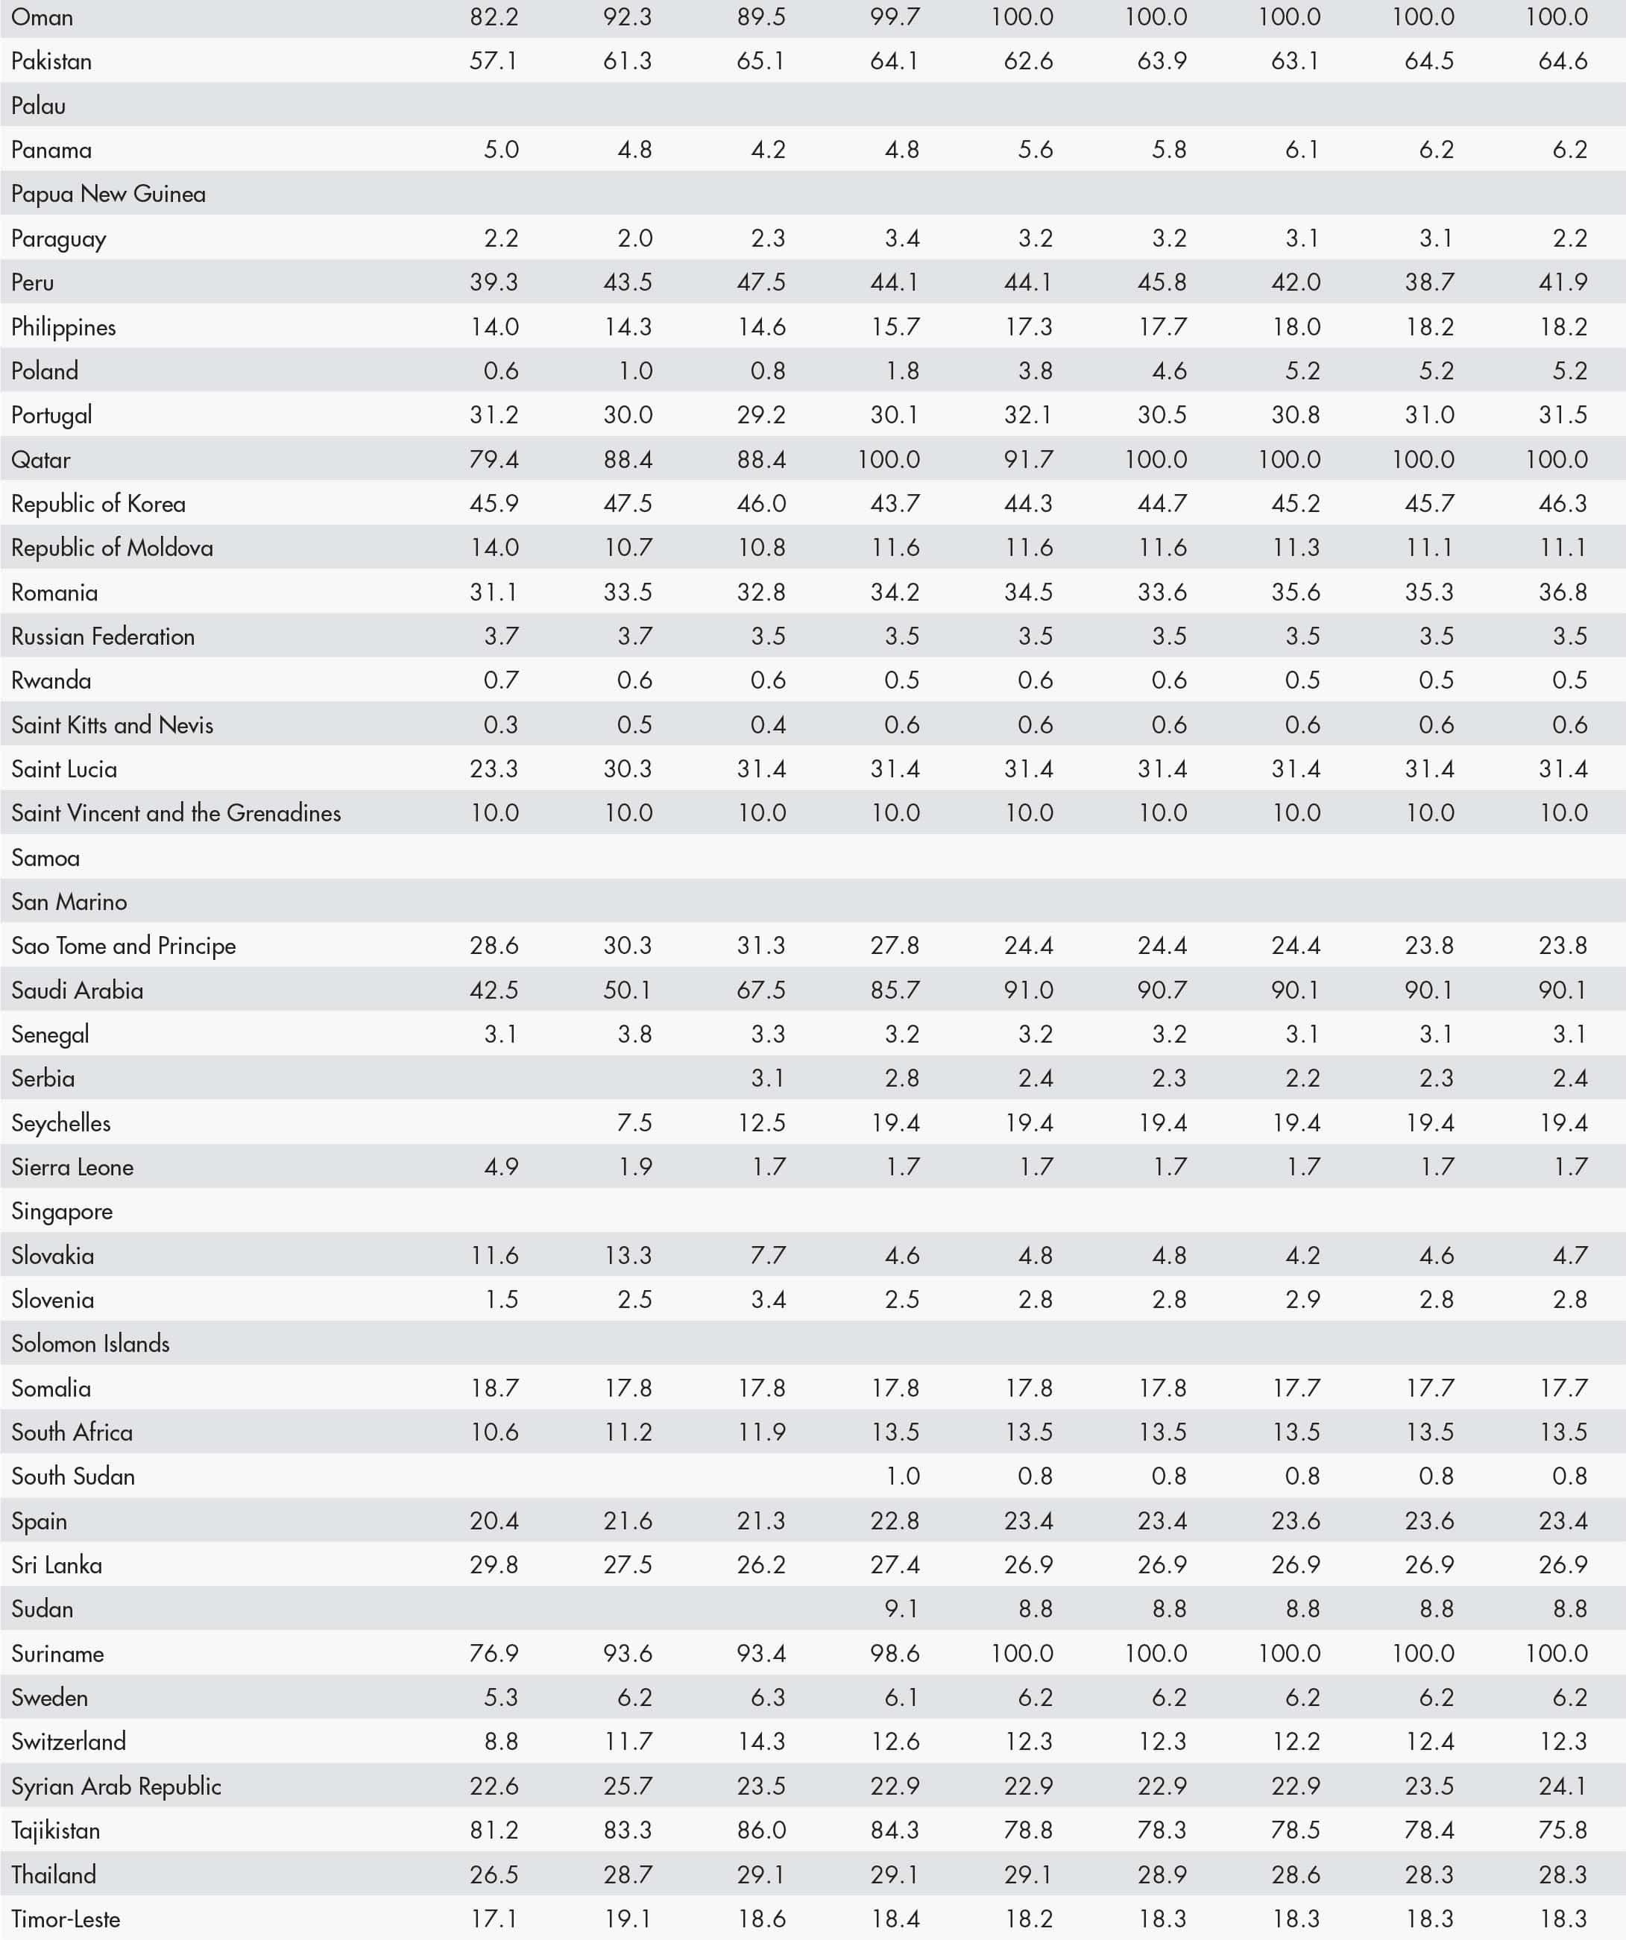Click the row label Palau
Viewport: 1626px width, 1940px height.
(x=39, y=105)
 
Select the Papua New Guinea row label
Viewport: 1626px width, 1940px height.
(x=108, y=194)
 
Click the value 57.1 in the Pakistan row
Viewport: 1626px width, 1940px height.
(x=494, y=61)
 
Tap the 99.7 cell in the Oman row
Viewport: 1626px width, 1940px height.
(x=895, y=16)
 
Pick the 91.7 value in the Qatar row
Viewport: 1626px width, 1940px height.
(x=1028, y=459)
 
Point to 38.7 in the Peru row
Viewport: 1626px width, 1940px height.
(x=1429, y=282)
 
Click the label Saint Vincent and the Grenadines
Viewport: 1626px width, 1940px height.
(x=175, y=813)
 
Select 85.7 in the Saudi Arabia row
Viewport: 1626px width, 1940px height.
(x=895, y=990)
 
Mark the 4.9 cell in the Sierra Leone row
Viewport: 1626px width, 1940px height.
(x=501, y=1167)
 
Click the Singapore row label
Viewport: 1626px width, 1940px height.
(x=62, y=1211)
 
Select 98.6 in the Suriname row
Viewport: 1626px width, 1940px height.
(x=895, y=1654)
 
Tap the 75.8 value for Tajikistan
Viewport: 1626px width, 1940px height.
(x=1563, y=1830)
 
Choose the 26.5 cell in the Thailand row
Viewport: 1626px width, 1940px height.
(x=494, y=1874)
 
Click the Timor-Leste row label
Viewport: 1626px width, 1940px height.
(x=66, y=1918)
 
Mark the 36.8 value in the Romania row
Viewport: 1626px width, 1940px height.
(x=1563, y=593)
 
